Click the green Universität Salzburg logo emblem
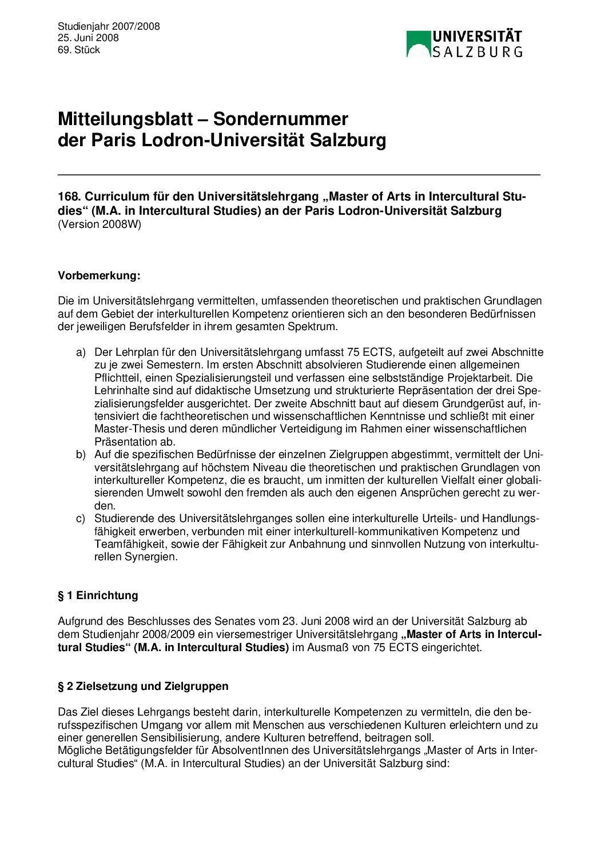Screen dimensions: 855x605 click(418, 43)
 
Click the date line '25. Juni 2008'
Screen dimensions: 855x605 click(88, 38)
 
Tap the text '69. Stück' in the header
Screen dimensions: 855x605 click(79, 50)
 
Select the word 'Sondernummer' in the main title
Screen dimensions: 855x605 click(280, 119)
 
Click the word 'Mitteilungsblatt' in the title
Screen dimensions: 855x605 click(125, 119)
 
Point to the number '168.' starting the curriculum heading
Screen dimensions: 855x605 click(69, 196)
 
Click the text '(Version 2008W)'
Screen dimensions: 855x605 click(99, 224)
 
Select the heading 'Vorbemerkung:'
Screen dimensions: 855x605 click(99, 276)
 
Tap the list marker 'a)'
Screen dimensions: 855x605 click(81, 352)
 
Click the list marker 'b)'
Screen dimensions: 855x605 click(81, 455)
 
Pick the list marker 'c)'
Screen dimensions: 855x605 click(81, 519)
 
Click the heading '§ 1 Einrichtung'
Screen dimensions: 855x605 click(98, 595)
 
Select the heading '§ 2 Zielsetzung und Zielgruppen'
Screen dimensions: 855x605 click(143, 686)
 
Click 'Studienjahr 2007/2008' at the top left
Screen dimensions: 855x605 click(109, 26)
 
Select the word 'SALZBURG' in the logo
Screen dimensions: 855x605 click(477, 52)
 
